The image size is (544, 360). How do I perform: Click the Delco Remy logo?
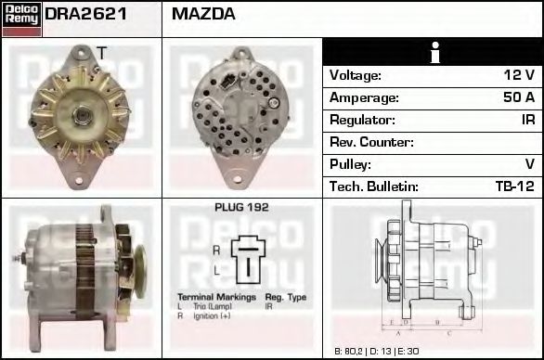point(20,19)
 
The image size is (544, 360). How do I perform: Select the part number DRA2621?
point(85,15)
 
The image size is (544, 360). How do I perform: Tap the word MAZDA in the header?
point(203,15)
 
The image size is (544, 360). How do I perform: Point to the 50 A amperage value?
point(517,97)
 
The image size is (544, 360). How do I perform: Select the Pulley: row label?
point(352,164)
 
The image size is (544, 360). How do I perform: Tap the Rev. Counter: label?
point(371,142)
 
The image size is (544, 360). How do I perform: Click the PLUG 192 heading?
point(241,208)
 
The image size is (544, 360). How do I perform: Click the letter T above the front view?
point(101,52)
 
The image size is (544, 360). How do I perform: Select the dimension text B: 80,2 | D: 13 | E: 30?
point(376,351)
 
